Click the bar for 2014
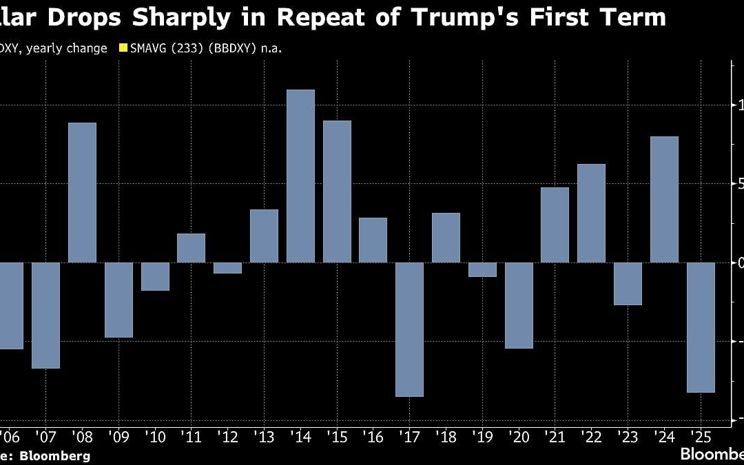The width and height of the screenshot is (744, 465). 300,176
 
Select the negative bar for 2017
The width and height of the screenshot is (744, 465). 409,329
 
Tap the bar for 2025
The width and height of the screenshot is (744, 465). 701,327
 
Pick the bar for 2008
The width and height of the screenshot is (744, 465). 82,192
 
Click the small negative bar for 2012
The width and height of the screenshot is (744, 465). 227,268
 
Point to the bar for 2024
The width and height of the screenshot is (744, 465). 664,199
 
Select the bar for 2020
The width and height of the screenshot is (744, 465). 519,305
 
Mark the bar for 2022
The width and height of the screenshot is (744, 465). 591,213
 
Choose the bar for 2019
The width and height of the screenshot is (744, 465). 482,269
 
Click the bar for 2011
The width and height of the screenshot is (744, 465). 191,248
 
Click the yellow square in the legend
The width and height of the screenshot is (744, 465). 124,48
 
